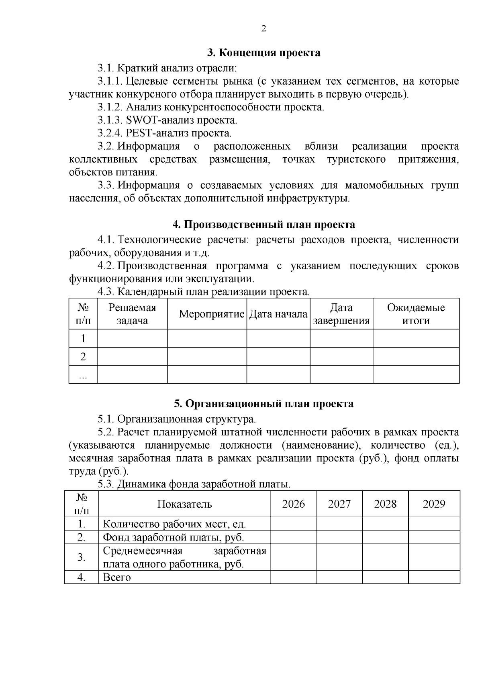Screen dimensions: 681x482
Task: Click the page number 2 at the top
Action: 263,28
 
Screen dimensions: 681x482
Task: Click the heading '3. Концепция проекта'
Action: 263,53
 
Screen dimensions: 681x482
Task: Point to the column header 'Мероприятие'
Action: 211,314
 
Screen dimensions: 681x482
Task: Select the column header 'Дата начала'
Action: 278,314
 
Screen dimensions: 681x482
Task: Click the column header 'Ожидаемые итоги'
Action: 416,314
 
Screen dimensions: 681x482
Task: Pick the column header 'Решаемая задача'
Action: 132,314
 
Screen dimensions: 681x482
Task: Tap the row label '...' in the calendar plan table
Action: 83,375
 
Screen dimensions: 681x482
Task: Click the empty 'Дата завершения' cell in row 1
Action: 341,338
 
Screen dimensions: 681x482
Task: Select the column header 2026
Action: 293,504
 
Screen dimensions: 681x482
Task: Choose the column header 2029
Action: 434,504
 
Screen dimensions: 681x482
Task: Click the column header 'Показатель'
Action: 184,504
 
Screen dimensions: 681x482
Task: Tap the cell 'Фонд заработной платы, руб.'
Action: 174,537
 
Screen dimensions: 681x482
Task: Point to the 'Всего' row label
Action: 117,577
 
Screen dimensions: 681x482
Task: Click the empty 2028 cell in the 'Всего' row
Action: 385,577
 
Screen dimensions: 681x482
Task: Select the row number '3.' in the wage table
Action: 82,557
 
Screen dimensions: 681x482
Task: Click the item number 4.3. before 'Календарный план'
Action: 106,292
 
